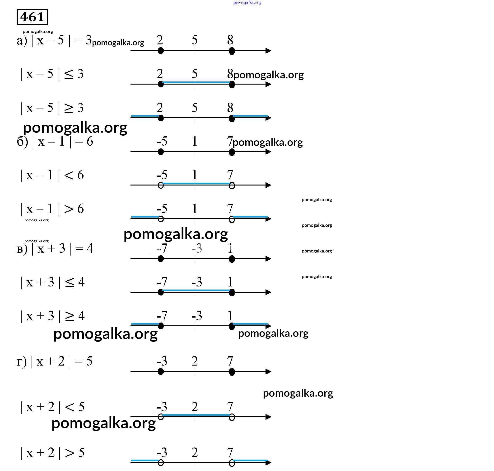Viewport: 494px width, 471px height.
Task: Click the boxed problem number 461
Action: point(32,17)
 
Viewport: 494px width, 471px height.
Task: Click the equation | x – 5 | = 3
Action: point(54,40)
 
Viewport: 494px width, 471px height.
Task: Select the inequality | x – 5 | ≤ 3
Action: point(52,74)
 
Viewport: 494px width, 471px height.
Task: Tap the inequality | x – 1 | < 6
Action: point(52,175)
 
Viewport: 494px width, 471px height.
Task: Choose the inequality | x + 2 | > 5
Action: point(52,453)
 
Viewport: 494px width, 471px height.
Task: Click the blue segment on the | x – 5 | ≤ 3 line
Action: point(196,82)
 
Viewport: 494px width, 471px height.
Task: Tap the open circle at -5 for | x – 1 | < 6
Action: point(161,186)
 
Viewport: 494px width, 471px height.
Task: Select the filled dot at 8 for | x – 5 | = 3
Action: point(232,51)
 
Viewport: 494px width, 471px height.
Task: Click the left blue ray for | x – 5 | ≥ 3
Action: point(145,116)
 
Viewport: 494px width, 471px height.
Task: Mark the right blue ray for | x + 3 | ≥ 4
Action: point(250,324)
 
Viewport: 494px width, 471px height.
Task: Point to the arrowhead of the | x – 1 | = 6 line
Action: point(268,152)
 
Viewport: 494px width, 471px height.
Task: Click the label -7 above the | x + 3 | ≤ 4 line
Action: point(162,282)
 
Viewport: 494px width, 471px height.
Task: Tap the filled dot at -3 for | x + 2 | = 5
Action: point(161,371)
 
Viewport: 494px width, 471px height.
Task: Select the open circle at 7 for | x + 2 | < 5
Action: point(232,417)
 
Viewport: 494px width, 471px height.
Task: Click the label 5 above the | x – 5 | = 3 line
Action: point(195,40)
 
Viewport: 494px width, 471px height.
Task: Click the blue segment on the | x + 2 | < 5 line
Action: point(196,415)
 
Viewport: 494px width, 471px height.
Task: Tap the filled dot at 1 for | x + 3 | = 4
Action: point(232,259)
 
